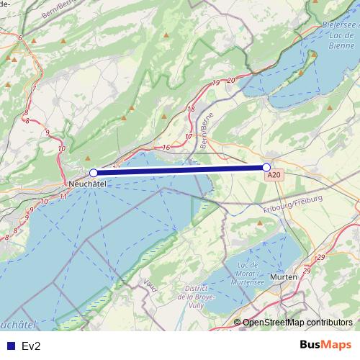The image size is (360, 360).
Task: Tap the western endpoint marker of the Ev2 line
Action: (x=94, y=173)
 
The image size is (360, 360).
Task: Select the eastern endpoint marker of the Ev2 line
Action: (x=266, y=168)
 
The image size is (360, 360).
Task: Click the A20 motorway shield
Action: (x=273, y=176)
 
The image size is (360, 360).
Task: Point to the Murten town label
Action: (x=284, y=276)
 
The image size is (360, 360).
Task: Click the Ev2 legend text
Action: (x=31, y=346)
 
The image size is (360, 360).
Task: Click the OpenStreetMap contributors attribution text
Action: (x=297, y=323)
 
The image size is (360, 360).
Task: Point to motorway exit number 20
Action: (x=231, y=80)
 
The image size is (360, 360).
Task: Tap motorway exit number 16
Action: (x=166, y=148)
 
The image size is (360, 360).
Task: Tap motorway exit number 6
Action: (x=20, y=37)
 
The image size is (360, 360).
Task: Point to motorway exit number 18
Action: (x=191, y=109)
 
